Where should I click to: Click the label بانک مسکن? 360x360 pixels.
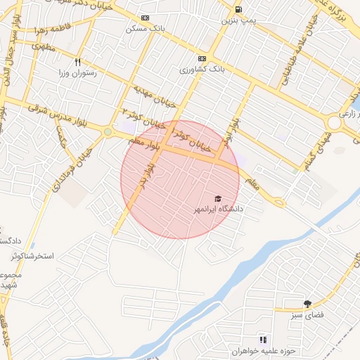[145, 30]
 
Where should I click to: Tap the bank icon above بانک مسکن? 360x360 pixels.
[145, 18]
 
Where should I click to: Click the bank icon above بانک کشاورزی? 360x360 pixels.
[202, 58]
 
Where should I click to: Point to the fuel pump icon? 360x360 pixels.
[240, 10]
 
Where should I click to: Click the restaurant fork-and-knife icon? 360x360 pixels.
[78, 61]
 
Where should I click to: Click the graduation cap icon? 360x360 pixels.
[217, 199]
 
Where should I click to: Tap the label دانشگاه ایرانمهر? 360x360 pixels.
[219, 210]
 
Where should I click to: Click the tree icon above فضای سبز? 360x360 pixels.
[307, 304]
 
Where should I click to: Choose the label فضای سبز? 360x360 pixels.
[307, 316]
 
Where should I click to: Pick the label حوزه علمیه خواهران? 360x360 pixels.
[264, 351]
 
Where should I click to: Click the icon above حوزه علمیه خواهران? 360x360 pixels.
[264, 340]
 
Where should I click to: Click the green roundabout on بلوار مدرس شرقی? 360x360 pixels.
[108, 131]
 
